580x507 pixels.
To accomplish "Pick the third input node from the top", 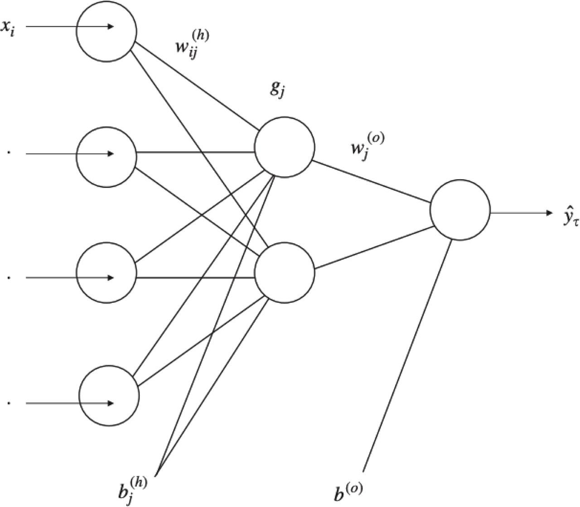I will pos(106,273).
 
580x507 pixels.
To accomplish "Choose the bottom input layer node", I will pos(109,395).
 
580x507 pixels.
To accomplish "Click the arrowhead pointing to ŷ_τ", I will pos(549,212).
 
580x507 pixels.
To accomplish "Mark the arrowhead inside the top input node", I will pos(110,27).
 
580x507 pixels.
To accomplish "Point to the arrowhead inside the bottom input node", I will pos(110,403).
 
